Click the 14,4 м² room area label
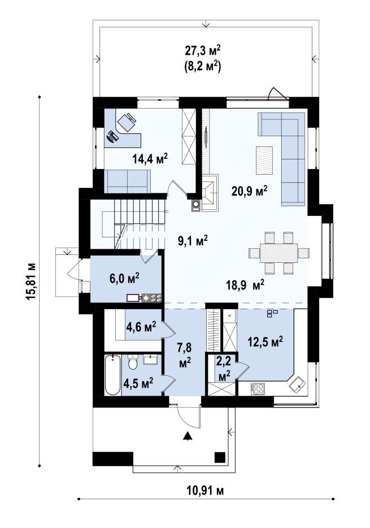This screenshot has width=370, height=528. [150, 158]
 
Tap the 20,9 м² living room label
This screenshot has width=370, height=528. [249, 191]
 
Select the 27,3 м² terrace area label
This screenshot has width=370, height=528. [203, 50]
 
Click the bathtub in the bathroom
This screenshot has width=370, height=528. [112, 375]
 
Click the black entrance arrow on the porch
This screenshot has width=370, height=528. [188, 436]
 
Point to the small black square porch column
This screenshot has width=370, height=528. [220, 457]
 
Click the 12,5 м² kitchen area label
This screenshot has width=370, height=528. [265, 343]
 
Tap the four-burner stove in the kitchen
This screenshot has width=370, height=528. [258, 389]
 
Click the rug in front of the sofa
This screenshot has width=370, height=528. [264, 161]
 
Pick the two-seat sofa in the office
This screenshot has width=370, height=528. [127, 181]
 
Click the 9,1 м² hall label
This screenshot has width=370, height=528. [193, 240]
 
